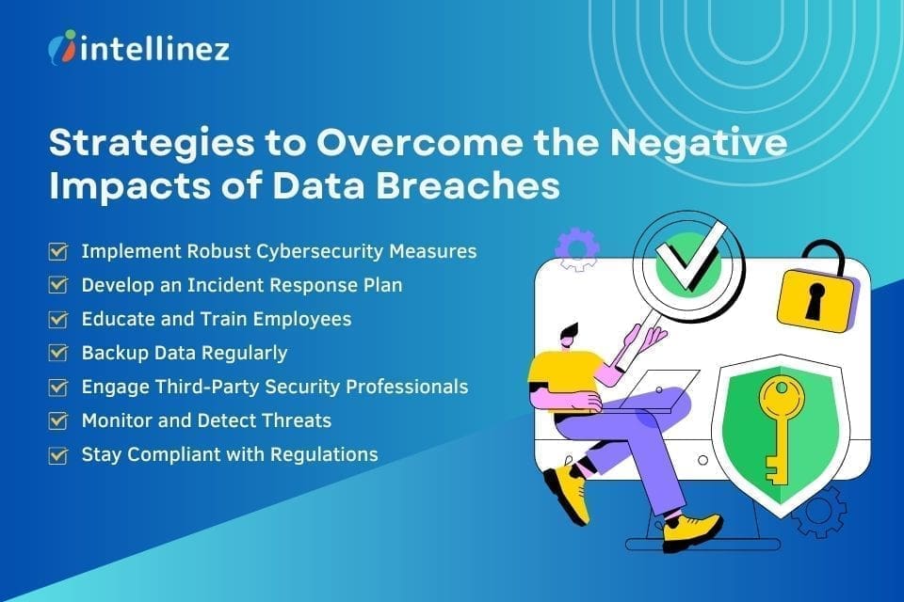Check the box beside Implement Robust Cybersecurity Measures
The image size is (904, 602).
[x=58, y=252]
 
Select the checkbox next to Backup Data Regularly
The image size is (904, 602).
[x=58, y=353]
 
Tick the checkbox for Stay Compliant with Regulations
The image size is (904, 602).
[x=58, y=454]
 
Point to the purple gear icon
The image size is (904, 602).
[x=575, y=249]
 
